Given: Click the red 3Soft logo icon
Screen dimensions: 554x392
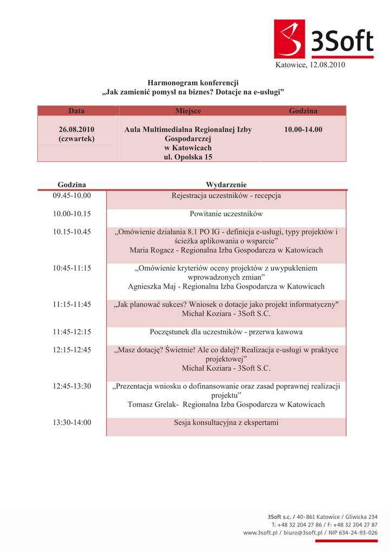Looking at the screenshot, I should click(x=290, y=39).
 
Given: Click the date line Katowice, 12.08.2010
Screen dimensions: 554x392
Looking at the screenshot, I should click(x=310, y=65).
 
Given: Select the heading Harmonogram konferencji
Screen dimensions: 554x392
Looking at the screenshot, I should click(x=193, y=83).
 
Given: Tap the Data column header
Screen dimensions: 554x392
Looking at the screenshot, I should click(x=76, y=111).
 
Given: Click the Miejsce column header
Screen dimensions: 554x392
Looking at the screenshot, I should click(x=188, y=111).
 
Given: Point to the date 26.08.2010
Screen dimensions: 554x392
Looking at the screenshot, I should click(x=76, y=129).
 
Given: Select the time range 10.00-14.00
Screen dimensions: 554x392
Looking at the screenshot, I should click(x=303, y=129).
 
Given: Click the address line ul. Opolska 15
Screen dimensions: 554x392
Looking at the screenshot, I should click(x=188, y=157).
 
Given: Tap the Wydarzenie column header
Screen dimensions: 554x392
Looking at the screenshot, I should click(x=226, y=185).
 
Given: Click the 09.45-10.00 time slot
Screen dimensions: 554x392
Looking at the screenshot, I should click(x=72, y=195).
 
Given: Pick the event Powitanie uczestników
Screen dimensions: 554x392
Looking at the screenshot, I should click(x=226, y=214).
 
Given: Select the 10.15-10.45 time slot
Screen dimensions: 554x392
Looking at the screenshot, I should click(x=72, y=232).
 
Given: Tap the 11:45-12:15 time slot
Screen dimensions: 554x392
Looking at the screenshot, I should click(x=72, y=332).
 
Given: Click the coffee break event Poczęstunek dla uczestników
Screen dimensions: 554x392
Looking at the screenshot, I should click(x=226, y=332).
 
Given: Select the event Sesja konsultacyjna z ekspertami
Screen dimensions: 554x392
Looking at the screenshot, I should click(x=226, y=422).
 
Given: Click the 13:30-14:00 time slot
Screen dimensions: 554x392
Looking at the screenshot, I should click(x=72, y=422).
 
